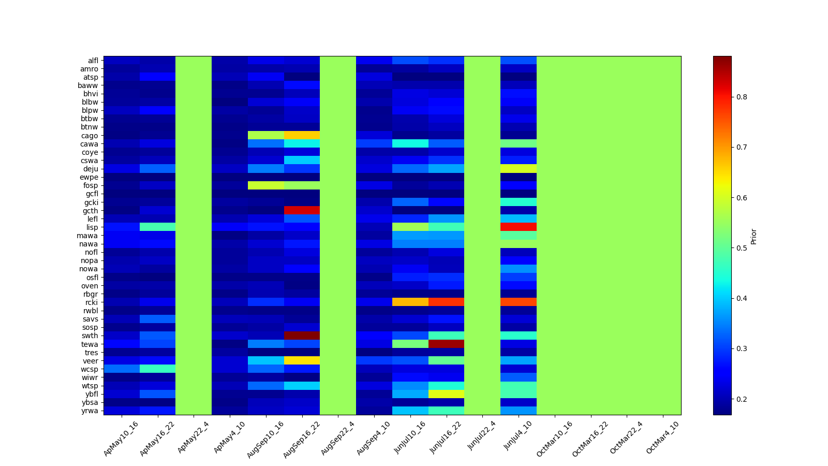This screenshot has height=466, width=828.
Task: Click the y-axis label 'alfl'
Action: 93,61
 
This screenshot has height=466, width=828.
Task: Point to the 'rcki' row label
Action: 92,302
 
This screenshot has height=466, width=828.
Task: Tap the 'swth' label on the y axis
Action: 91,336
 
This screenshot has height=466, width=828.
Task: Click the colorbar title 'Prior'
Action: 753,236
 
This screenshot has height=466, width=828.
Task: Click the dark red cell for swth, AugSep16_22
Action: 302,336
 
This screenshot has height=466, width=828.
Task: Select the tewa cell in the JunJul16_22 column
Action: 446,344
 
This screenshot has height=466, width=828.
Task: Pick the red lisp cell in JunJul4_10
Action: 519,227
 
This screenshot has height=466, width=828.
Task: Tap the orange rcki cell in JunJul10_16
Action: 410,302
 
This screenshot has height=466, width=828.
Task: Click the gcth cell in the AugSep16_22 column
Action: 302,210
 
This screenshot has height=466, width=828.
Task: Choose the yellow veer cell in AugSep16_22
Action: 302,360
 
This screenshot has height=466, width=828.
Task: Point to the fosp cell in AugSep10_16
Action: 266,185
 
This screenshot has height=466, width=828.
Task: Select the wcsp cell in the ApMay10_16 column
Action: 122,369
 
